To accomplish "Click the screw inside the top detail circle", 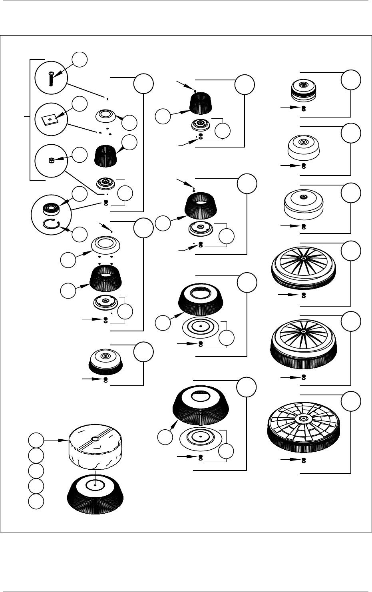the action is tap(50, 78).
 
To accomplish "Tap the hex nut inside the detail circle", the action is tap(51, 160).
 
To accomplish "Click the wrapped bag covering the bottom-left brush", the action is tap(96, 450).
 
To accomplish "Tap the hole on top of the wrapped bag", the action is tap(95, 439).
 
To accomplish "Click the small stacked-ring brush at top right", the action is tap(303, 90).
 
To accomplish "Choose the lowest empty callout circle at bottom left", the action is tap(36, 501).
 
